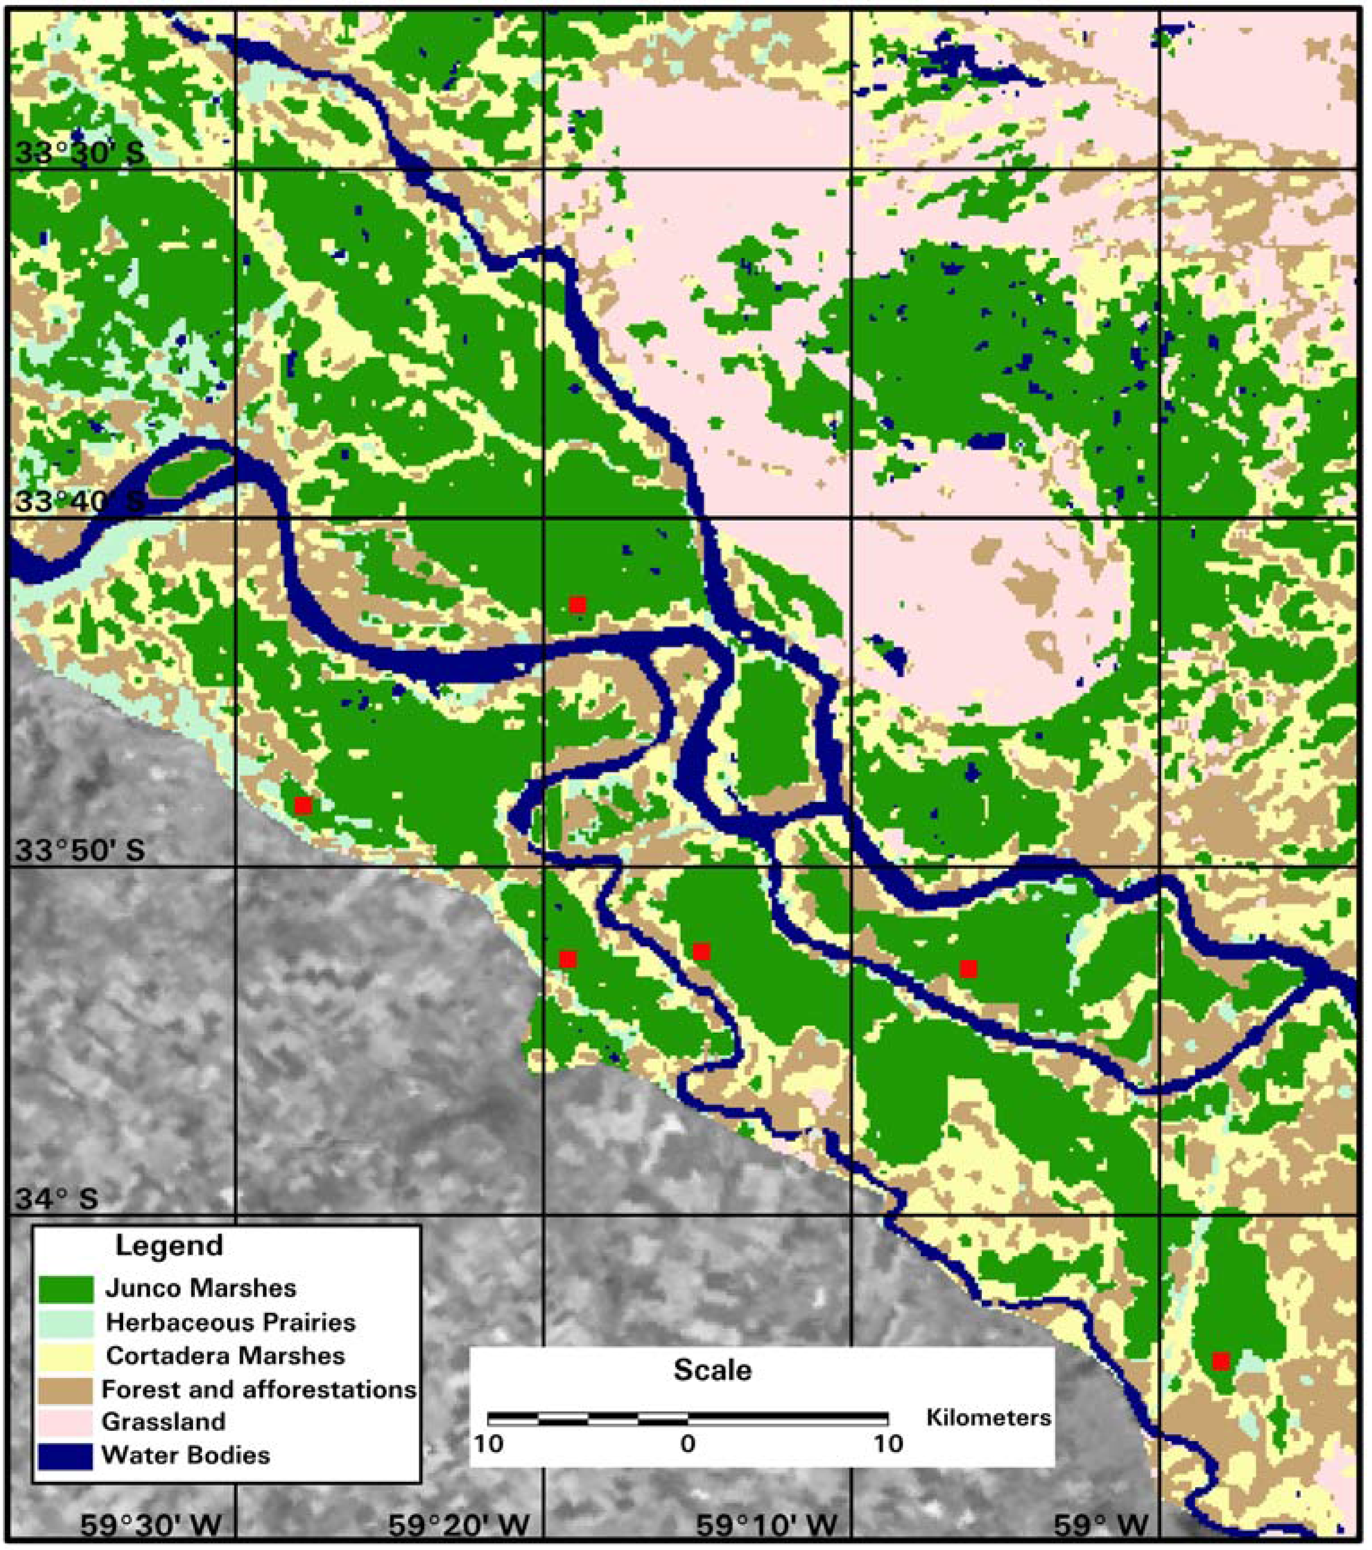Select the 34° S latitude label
click(x=57, y=1199)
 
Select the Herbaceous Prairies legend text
click(x=231, y=1322)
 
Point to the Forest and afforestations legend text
click(x=258, y=1389)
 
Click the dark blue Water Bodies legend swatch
click(x=66, y=1455)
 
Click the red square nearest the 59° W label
click(x=1220, y=1361)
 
